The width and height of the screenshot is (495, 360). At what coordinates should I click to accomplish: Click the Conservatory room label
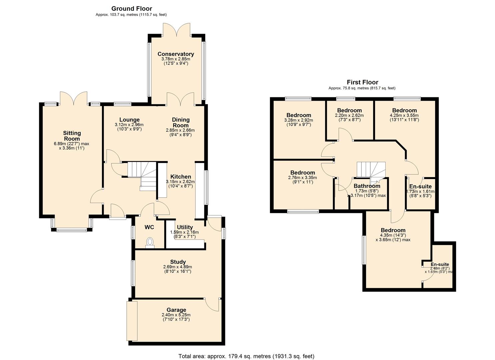click(176, 54)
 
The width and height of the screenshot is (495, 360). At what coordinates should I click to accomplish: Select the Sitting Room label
click(72, 136)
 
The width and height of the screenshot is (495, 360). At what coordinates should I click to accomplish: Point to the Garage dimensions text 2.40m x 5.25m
click(176, 315)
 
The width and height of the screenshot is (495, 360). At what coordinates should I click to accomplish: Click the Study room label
click(177, 262)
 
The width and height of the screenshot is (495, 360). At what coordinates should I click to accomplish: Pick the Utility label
click(185, 227)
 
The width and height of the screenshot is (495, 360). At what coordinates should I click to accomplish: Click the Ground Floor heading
click(132, 9)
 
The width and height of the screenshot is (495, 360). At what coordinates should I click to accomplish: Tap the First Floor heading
click(362, 82)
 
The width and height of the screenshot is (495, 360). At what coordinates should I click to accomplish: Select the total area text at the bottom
click(246, 356)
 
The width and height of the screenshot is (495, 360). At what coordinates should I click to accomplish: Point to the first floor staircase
click(371, 170)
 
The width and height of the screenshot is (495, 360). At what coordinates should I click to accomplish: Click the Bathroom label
click(367, 186)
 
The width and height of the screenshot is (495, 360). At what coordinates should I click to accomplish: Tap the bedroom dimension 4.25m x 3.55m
click(404, 115)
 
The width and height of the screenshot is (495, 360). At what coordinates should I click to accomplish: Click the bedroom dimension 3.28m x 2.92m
click(299, 120)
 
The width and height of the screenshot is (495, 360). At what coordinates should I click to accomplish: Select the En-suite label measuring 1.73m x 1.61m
click(420, 186)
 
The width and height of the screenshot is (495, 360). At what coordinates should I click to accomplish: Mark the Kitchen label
click(181, 177)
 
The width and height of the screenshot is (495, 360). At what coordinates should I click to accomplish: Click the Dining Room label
click(181, 122)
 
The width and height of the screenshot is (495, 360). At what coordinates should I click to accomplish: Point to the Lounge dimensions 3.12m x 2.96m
click(129, 125)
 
